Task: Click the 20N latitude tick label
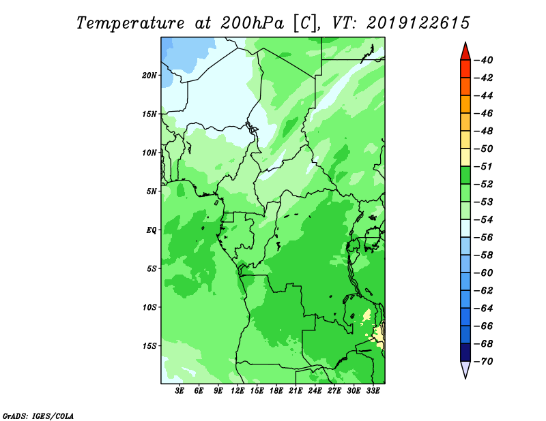tap(149, 76)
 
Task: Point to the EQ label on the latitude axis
tap(151, 230)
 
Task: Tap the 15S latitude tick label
tap(149, 346)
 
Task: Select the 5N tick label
tap(152, 191)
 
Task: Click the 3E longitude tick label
tap(179, 390)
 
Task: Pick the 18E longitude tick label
tap(276, 390)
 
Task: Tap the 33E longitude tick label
tap(373, 390)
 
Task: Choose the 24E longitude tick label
tap(315, 390)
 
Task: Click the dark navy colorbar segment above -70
tap(465, 352)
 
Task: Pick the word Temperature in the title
tap(130, 23)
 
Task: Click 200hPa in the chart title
tap(252, 23)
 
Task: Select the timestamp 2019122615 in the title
tap(418, 23)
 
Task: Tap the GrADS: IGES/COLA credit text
tap(38, 416)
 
